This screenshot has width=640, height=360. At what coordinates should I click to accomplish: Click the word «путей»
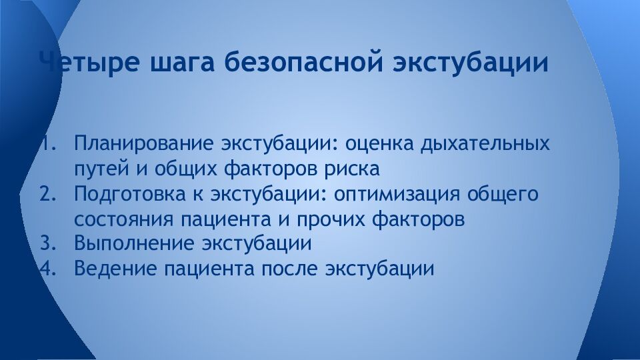coord(99,169)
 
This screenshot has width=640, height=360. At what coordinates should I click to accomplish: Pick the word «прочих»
coord(347,219)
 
